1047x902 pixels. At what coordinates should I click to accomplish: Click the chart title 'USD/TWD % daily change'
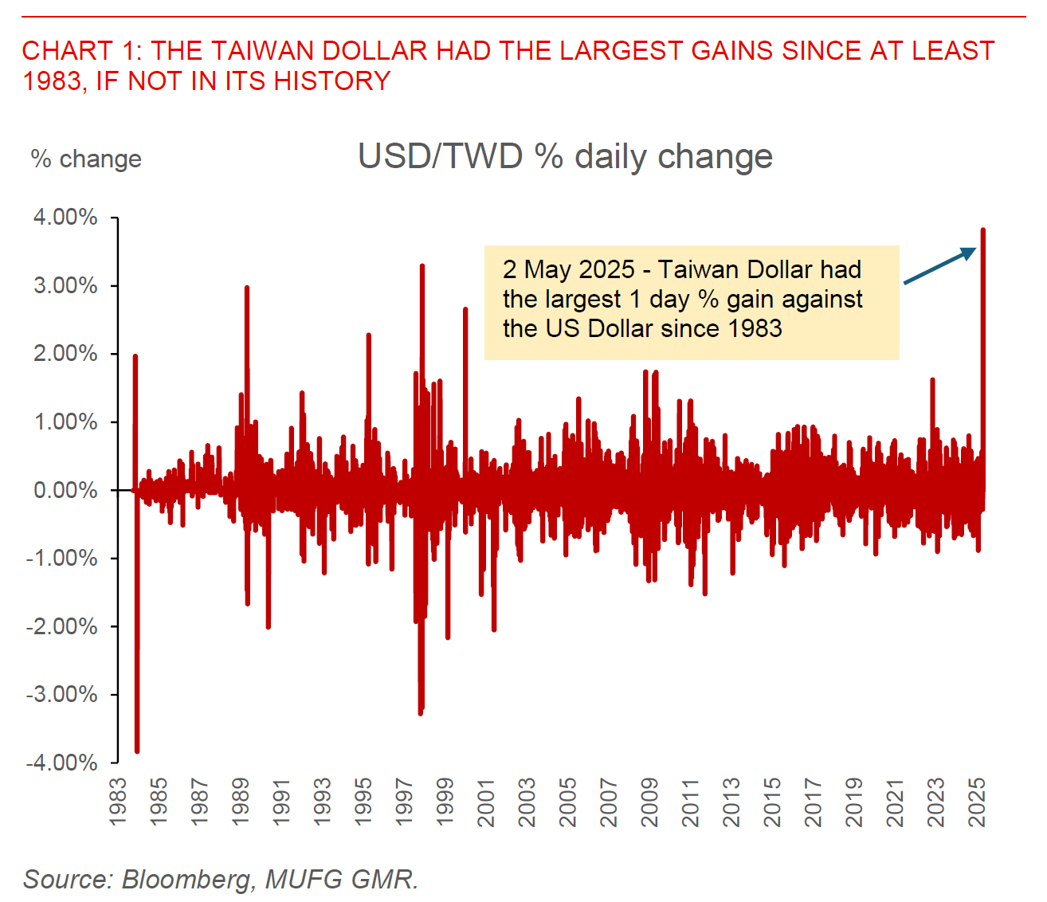[x=565, y=156]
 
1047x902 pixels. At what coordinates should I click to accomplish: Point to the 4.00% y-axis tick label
[x=65, y=218]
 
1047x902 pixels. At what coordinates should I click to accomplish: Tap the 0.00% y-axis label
[x=65, y=490]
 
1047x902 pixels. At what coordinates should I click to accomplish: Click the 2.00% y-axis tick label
[x=65, y=354]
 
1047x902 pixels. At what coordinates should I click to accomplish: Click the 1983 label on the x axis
[x=118, y=802]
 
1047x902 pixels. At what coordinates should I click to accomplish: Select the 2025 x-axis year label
[x=977, y=802]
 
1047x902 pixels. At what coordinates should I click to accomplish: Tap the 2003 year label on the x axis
[x=527, y=802]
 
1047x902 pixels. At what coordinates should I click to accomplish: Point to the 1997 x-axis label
[x=404, y=802]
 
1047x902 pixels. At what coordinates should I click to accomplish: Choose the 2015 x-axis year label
[x=773, y=802]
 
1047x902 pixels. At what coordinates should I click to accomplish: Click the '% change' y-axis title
[x=86, y=159]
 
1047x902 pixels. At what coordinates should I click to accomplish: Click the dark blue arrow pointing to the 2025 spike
[x=939, y=265]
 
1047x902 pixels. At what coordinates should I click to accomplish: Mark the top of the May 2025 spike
[x=983, y=230]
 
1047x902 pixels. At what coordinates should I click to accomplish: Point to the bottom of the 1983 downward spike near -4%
[x=137, y=751]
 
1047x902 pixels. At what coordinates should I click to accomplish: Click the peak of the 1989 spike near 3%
[x=247, y=287]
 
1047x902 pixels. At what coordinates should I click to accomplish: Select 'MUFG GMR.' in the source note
[x=342, y=879]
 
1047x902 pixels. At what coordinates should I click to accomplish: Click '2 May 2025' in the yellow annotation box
[x=569, y=269]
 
